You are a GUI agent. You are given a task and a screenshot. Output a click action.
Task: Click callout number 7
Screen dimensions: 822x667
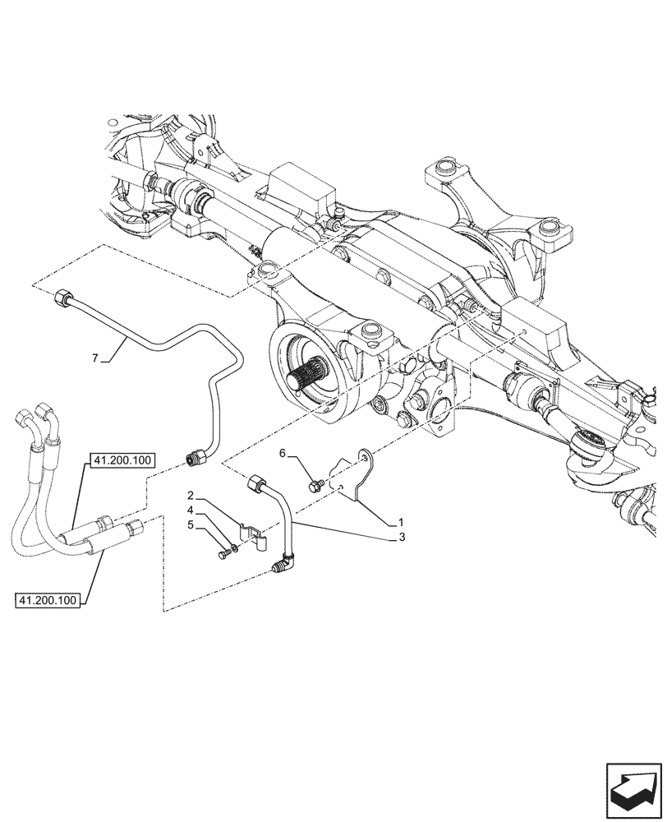coord(95,358)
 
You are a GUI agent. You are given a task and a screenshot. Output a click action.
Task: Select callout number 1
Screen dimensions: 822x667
coord(400,522)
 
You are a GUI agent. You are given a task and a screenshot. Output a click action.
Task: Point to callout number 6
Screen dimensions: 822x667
coord(282,453)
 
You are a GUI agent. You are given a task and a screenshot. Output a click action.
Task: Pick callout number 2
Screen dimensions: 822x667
coord(190,496)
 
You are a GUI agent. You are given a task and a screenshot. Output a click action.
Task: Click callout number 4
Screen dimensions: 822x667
coord(190,510)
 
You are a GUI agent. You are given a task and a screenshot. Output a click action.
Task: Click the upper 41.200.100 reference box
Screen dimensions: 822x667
coord(120,460)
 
